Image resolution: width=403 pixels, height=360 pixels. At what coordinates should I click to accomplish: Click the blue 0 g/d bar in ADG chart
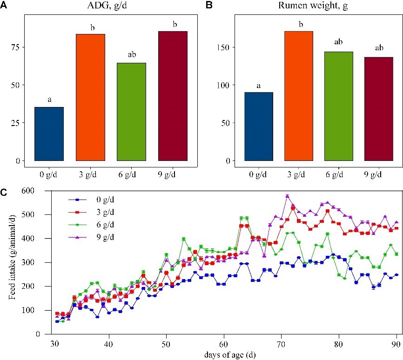(x=49, y=134)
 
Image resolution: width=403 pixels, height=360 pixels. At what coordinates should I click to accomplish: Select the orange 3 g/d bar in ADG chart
(x=90, y=97)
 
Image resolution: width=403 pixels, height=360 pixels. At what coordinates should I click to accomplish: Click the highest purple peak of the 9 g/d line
(x=287, y=196)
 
